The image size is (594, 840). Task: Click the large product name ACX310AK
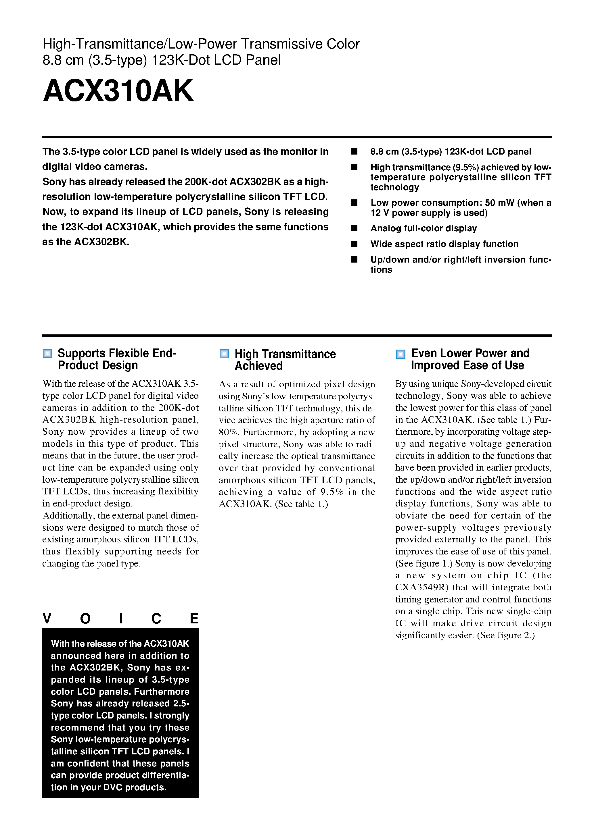(118, 91)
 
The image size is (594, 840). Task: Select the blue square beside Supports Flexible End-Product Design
(47, 353)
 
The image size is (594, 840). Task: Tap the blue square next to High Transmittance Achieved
(224, 353)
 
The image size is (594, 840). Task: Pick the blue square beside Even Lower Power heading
(401, 354)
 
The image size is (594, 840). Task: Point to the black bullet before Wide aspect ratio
(354, 244)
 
